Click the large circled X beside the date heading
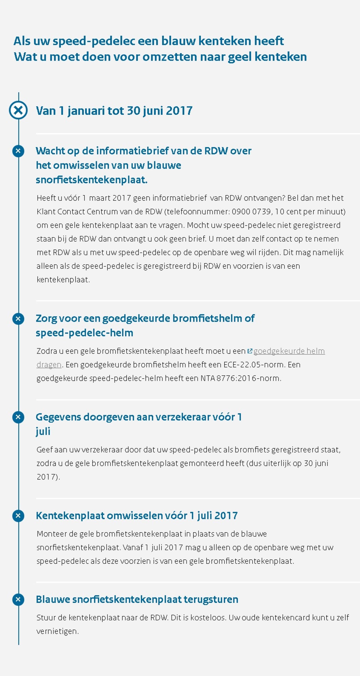[x=18, y=110]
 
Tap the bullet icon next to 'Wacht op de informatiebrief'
[x=18, y=151]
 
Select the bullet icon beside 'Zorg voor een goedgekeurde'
[x=18, y=319]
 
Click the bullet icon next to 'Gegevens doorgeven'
[x=18, y=417]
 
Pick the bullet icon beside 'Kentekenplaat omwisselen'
[x=18, y=515]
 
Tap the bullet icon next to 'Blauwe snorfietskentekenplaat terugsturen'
[x=18, y=599]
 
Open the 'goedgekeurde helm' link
[x=289, y=351]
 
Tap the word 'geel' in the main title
[x=239, y=57]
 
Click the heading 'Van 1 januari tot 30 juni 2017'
[x=114, y=110]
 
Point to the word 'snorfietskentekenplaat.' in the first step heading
[x=92, y=180]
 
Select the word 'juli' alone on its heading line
[x=43, y=431]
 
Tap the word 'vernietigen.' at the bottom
[x=57, y=631]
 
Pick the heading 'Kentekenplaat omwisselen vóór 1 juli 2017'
[x=137, y=515]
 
